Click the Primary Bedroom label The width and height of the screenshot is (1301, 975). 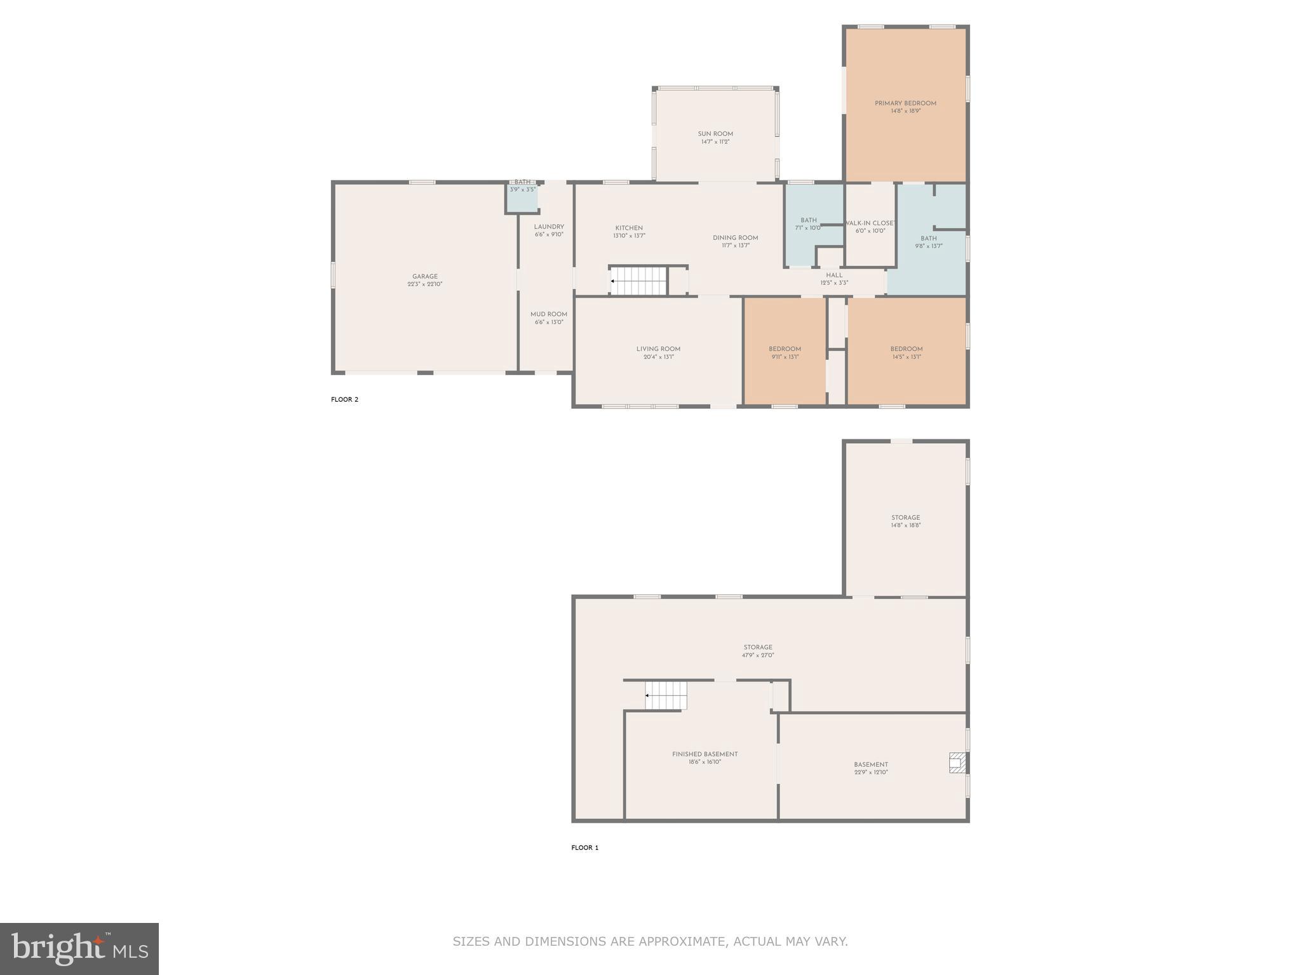pyautogui.click(x=905, y=103)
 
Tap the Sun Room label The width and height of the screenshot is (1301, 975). pyautogui.click(x=715, y=134)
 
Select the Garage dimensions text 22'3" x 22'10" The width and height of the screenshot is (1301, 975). pyautogui.click(x=425, y=284)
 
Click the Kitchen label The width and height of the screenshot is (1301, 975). pyautogui.click(x=629, y=228)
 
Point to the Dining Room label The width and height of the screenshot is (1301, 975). pyautogui.click(x=735, y=238)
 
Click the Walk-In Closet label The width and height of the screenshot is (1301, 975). pyautogui.click(x=870, y=223)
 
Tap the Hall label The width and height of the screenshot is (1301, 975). pyautogui.click(x=834, y=275)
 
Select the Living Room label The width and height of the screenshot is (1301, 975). pyautogui.click(x=658, y=349)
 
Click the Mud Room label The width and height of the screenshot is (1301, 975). pyautogui.click(x=549, y=314)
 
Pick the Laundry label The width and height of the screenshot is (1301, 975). pyautogui.click(x=549, y=227)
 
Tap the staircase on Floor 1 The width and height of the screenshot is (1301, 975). pyautogui.click(x=666, y=696)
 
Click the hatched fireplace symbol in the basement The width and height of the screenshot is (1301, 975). pyautogui.click(x=957, y=762)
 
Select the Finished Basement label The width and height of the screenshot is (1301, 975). pyautogui.click(x=705, y=754)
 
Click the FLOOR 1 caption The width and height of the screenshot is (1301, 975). pyautogui.click(x=584, y=847)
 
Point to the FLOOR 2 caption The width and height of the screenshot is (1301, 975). pyautogui.click(x=344, y=399)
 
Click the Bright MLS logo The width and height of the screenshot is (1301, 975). pyautogui.click(x=79, y=948)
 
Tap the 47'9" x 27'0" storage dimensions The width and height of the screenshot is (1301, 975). pyautogui.click(x=758, y=655)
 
